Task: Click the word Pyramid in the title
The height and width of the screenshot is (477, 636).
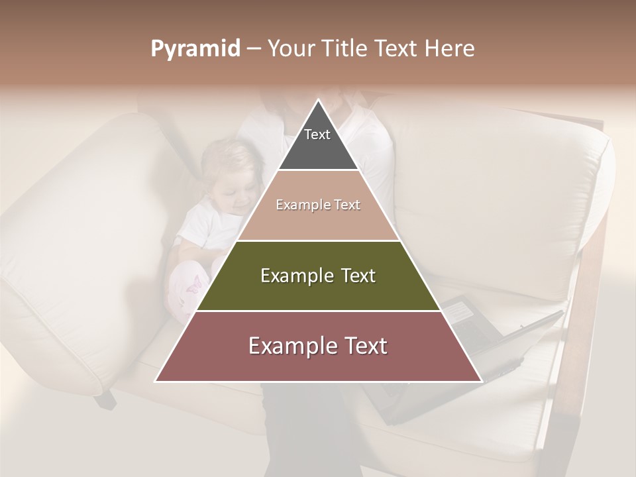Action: point(195,49)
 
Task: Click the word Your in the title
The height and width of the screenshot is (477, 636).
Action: point(290,48)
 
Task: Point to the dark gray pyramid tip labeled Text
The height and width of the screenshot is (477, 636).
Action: point(318,142)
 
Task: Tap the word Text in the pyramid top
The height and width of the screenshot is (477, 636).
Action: point(317,134)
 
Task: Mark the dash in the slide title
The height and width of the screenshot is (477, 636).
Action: point(254,49)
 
